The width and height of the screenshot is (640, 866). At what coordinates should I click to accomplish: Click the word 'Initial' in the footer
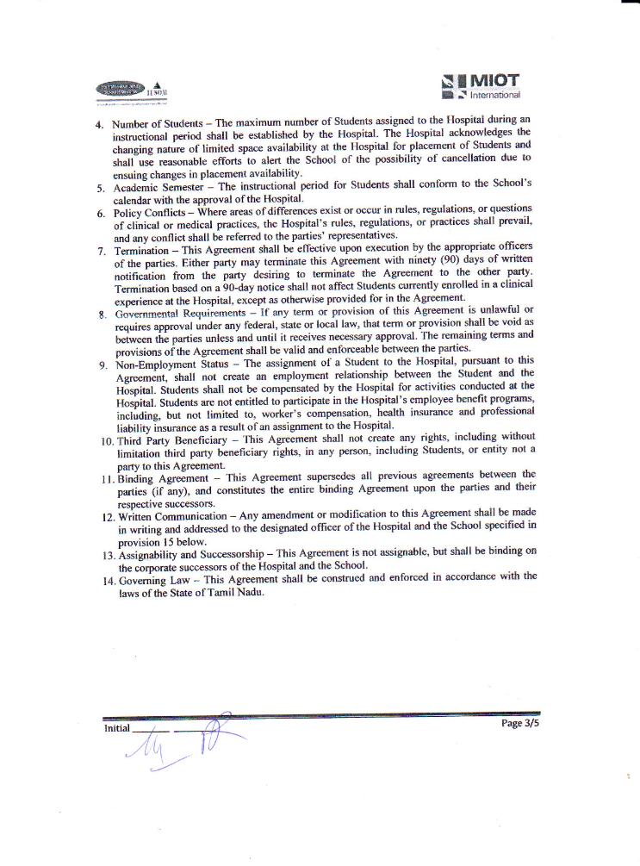click(x=117, y=728)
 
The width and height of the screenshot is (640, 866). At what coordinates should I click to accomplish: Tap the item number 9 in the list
click(x=103, y=364)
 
